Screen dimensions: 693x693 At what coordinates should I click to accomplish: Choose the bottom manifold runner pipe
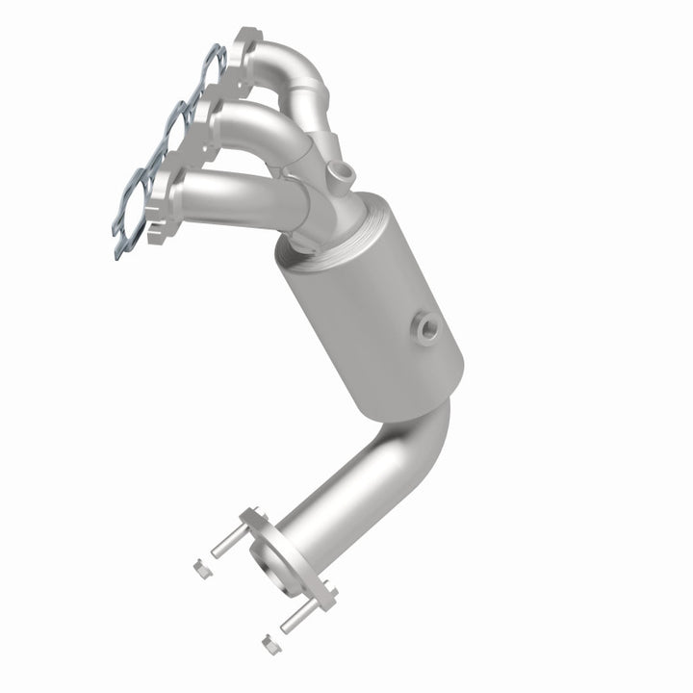click(x=231, y=188)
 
